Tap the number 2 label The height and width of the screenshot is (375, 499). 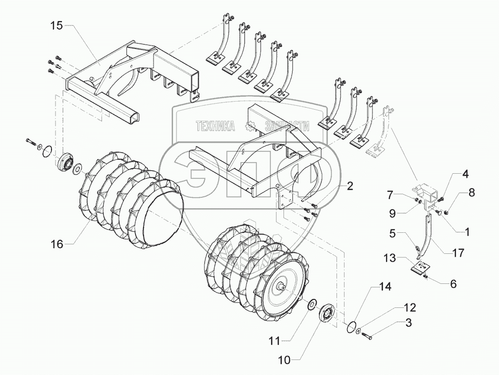(x=349, y=186)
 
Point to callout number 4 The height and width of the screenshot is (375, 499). (x=465, y=175)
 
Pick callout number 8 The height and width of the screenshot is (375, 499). (x=471, y=192)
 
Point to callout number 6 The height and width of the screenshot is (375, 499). (x=453, y=283)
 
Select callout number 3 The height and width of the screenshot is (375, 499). (x=408, y=323)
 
